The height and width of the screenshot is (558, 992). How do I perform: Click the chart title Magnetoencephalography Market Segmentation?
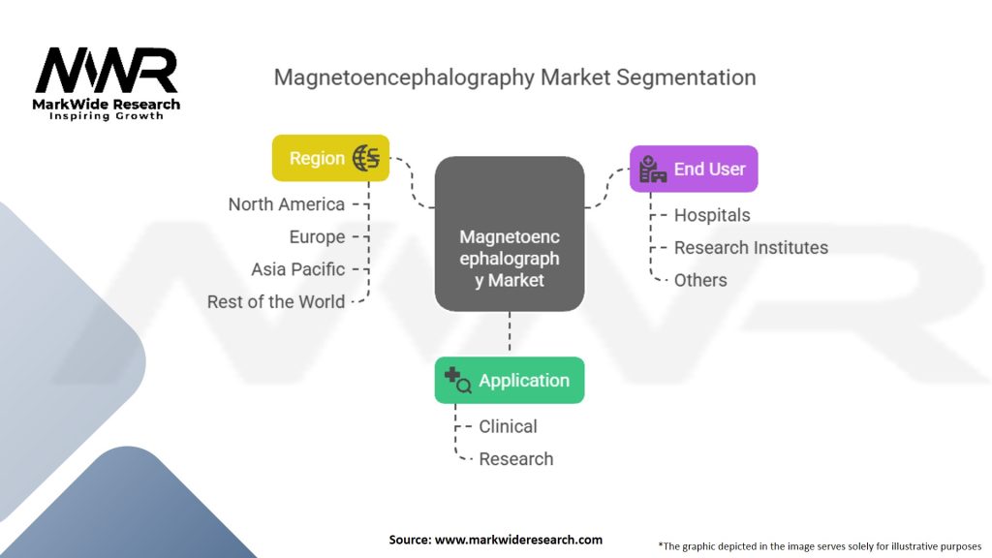pyautogui.click(x=514, y=77)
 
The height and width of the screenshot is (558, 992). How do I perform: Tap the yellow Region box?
pyautogui.click(x=329, y=158)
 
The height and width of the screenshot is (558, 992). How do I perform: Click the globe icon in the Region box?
pyautogui.click(x=366, y=158)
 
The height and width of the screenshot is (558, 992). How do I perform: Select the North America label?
pyautogui.click(x=286, y=204)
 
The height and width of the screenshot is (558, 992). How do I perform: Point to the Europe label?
pyautogui.click(x=317, y=237)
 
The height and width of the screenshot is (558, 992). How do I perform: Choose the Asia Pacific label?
pyautogui.click(x=297, y=269)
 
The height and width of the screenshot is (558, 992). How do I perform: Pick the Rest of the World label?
pyautogui.click(x=275, y=301)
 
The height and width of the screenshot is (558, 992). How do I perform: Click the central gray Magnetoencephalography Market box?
pyautogui.click(x=509, y=234)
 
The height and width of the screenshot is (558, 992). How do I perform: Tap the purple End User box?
pyautogui.click(x=694, y=169)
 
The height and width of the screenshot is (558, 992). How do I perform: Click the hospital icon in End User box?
pyautogui.click(x=652, y=170)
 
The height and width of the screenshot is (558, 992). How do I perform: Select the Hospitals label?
pyautogui.click(x=712, y=215)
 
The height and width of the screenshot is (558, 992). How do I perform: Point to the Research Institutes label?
pyautogui.click(x=751, y=248)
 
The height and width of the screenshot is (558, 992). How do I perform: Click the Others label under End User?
pyautogui.click(x=700, y=280)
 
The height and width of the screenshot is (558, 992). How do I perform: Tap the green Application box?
pyautogui.click(x=509, y=381)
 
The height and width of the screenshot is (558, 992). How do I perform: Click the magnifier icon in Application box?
pyautogui.click(x=457, y=381)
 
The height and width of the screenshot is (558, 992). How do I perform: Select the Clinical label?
pyautogui.click(x=508, y=426)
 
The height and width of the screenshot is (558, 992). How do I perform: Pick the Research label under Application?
pyautogui.click(x=516, y=459)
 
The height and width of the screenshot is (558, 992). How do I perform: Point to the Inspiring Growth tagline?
pyautogui.click(x=108, y=116)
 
